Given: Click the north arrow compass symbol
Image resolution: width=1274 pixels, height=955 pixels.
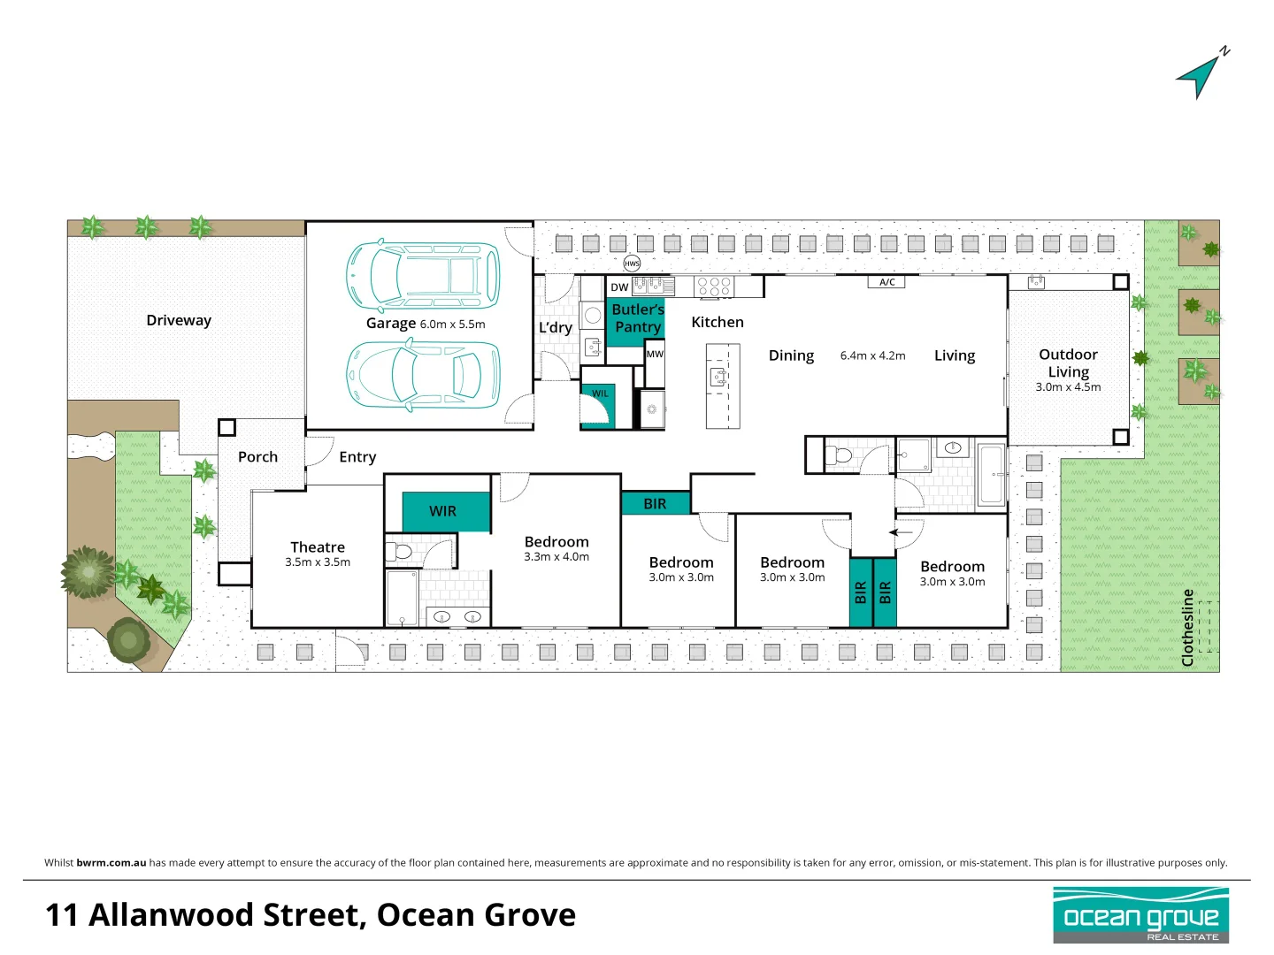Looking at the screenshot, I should coord(1200,75).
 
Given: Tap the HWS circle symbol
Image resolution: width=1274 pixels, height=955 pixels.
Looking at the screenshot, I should coord(632,264).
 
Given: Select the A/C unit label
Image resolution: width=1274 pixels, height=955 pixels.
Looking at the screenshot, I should coord(887,282).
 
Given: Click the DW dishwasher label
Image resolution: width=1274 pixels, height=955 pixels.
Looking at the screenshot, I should coord(619,287).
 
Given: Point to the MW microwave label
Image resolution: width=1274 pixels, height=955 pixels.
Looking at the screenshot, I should coord(655,354).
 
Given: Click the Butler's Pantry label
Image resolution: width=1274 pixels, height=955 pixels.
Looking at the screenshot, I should coord(637,318).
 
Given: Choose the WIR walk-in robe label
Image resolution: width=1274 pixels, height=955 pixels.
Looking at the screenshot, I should coord(442,511).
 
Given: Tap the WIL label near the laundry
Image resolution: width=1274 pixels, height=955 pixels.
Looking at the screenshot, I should coord(600,393).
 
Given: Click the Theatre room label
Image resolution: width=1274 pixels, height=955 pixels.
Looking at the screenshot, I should coord(318,547).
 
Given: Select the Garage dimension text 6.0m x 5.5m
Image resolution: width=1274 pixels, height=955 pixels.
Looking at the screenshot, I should coord(452,325).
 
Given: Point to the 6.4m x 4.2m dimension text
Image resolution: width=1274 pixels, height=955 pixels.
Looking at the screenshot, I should coord(872,355).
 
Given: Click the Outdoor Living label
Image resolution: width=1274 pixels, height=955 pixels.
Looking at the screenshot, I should coord(1068,363).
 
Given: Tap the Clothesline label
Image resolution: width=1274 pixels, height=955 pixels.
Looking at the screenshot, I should coord(1187,627).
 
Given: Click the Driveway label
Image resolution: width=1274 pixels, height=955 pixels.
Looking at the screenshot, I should coord(179,320).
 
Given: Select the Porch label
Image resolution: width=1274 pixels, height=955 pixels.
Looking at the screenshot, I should coord(257,457).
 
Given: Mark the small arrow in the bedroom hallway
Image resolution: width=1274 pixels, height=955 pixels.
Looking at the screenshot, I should coord(901,532).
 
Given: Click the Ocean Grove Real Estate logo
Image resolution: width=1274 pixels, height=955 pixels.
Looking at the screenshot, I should coord(1140,915).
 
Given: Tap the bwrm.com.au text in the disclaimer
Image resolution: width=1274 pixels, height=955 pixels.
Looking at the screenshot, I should coord(111,863).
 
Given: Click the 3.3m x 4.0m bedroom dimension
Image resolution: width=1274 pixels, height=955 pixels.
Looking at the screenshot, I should coord(556,557).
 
